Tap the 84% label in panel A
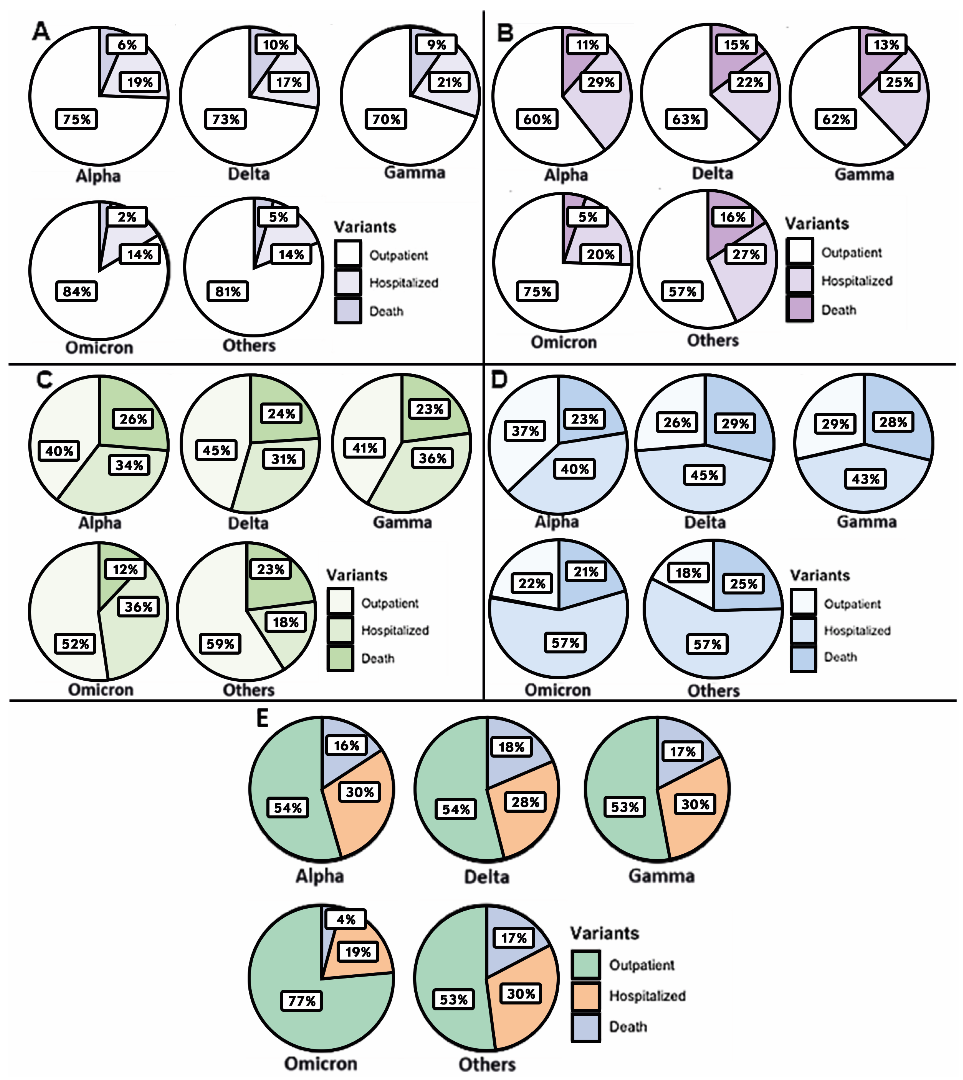coord(77,292)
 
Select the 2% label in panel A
coord(127,217)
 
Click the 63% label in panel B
coord(686,119)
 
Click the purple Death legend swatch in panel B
coord(800,309)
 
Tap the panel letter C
coord(44,380)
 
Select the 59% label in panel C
coord(220,644)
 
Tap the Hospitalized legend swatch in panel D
coord(803,630)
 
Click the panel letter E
coord(263,718)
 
